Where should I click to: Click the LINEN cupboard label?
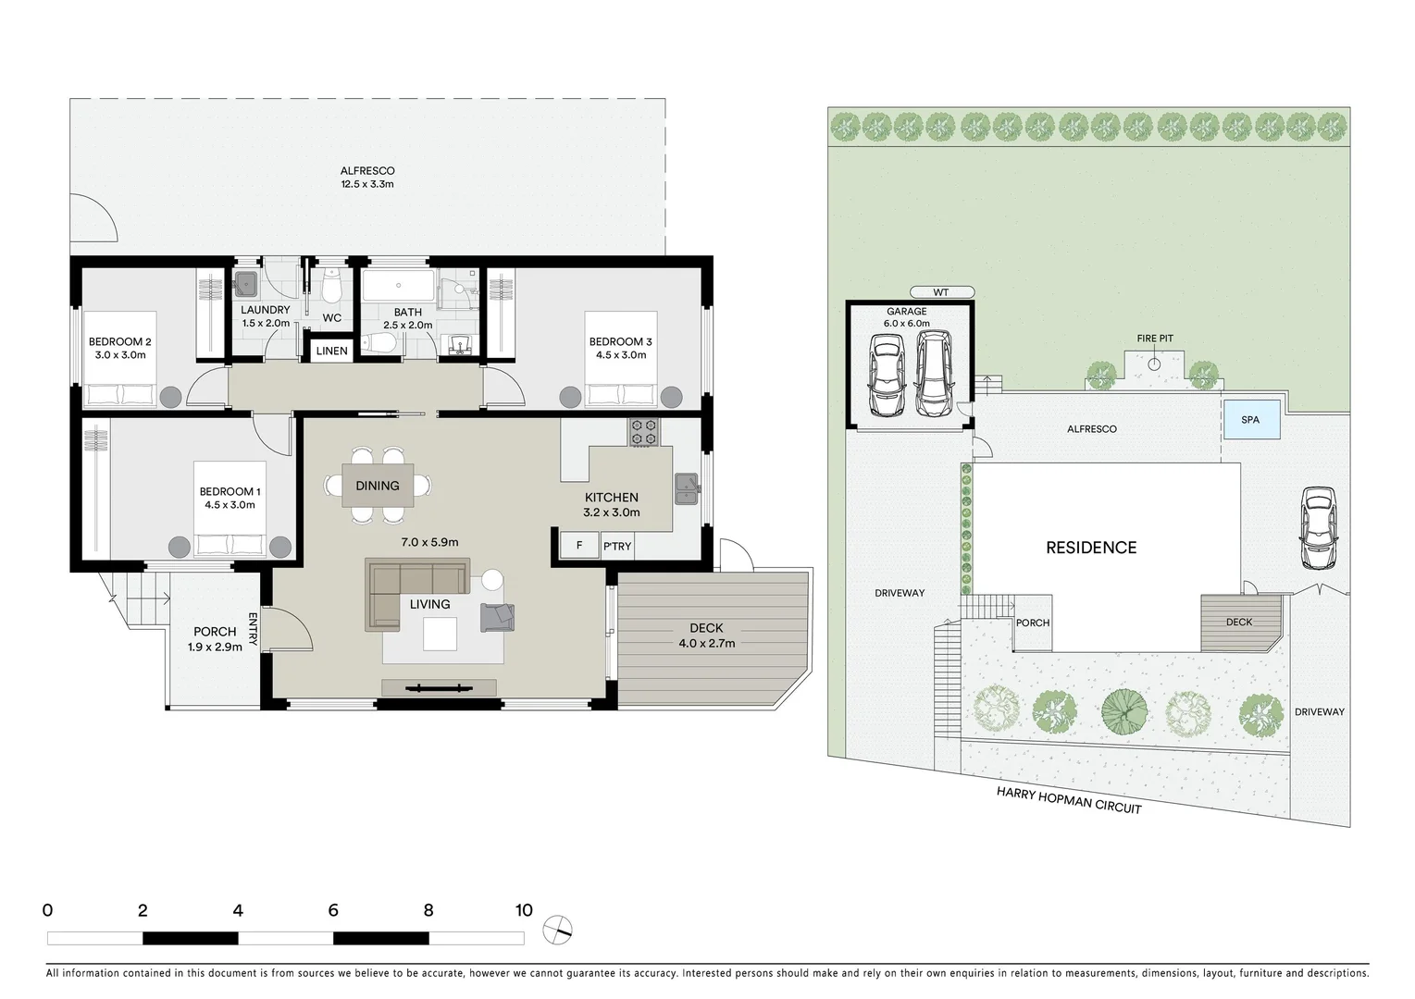331,351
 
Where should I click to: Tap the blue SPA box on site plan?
1251,419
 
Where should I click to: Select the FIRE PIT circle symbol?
1154,364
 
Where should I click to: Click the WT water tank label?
941,292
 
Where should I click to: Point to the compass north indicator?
558,929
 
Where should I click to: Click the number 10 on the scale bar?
524,910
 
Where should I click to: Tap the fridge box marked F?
579,545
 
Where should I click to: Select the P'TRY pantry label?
617,546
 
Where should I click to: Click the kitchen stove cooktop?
643,432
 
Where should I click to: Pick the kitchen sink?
687,488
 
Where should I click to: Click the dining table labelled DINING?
378,485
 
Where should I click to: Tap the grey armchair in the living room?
497,617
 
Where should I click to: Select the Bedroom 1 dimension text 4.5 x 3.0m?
230,505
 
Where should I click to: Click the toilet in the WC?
331,288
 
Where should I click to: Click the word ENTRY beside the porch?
253,628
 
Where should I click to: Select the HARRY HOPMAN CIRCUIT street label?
1069,800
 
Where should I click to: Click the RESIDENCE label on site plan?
1090,548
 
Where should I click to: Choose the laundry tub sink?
245,282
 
